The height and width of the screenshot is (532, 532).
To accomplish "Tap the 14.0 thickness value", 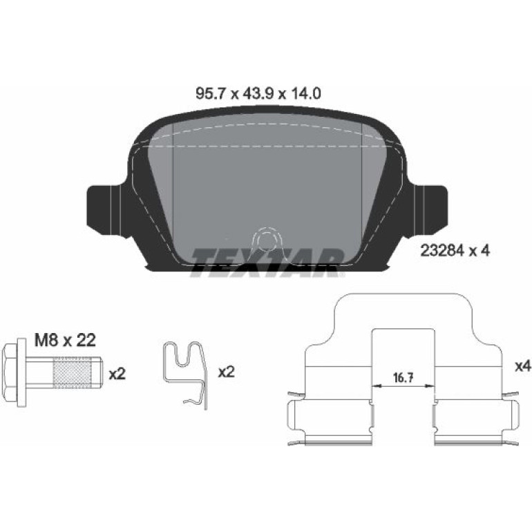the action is point(305,93).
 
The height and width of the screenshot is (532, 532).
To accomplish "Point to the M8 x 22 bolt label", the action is point(65,340).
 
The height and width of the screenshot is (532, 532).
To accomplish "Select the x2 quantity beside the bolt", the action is point(117,374).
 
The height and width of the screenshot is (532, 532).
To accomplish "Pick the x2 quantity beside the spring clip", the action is point(227,372).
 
